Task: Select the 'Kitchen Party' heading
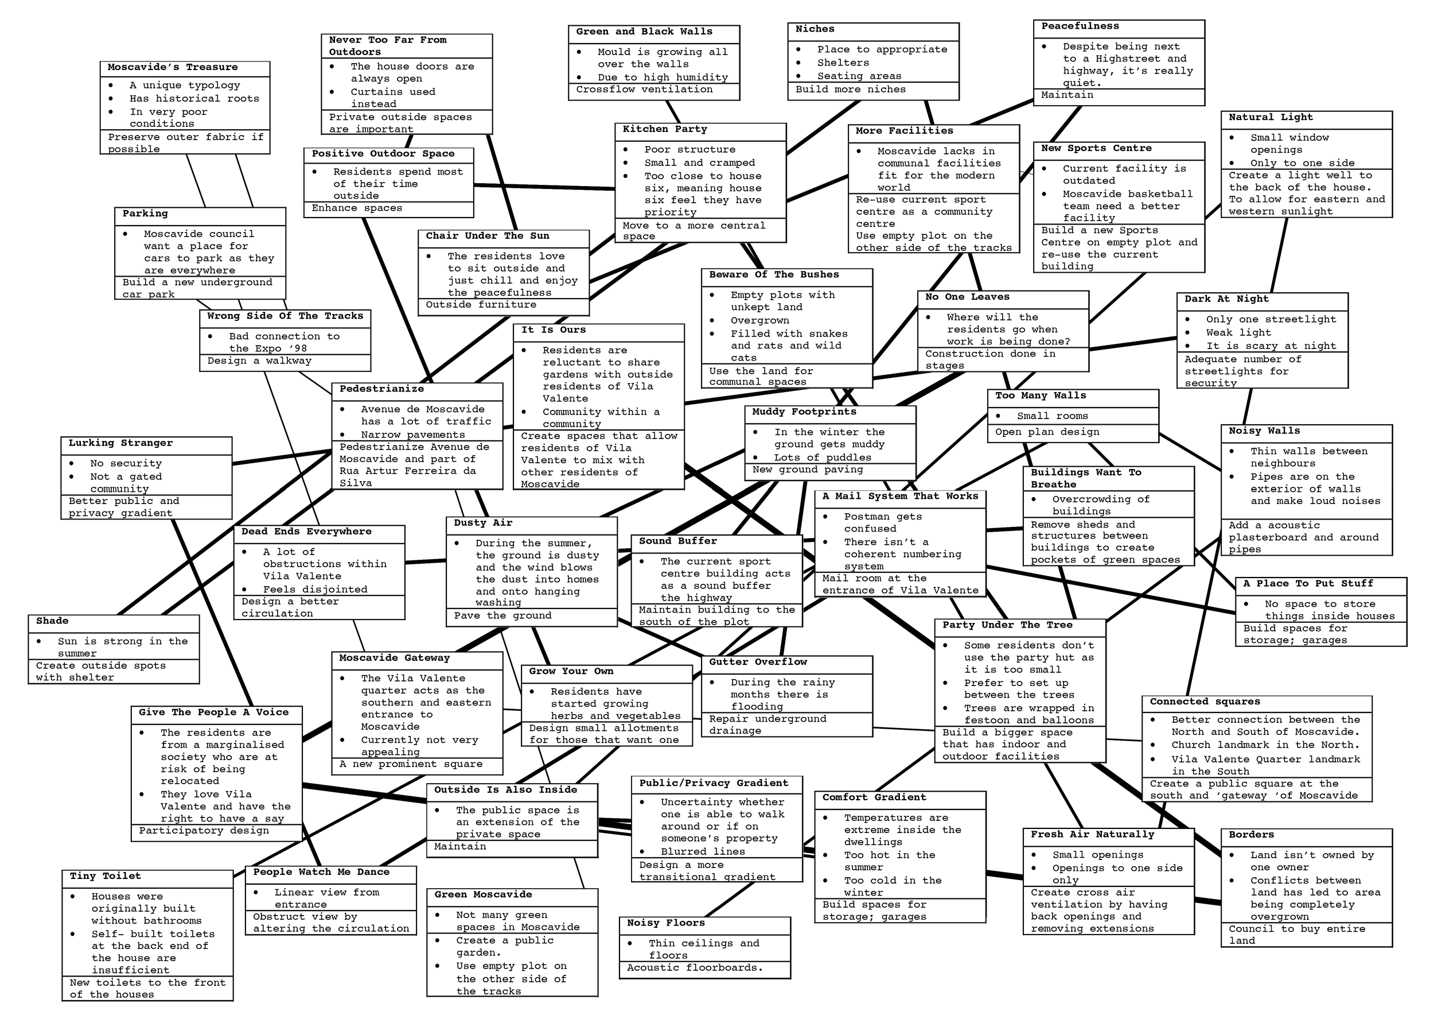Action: [x=665, y=129]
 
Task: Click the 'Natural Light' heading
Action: [x=1271, y=118]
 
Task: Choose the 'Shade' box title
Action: [x=52, y=621]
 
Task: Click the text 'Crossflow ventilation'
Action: [x=644, y=90]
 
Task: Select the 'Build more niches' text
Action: [x=851, y=90]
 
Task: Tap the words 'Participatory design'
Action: [x=204, y=831]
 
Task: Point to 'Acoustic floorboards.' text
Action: [x=695, y=967]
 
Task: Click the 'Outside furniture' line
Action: [x=481, y=305]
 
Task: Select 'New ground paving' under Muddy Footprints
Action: [x=808, y=470]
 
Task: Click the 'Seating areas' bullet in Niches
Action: [x=859, y=76]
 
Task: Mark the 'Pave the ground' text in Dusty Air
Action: [x=503, y=615]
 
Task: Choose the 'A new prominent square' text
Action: [x=411, y=764]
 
